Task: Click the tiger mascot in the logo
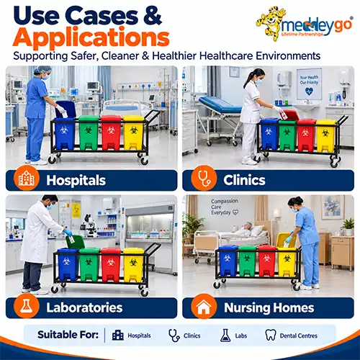click(x=270, y=23)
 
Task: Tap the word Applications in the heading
click(x=91, y=37)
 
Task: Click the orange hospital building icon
click(x=27, y=179)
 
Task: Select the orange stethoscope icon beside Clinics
click(x=204, y=179)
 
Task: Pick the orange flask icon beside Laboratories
click(x=27, y=307)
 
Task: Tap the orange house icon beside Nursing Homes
click(x=204, y=307)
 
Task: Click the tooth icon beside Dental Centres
click(x=271, y=335)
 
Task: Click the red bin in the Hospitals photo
click(x=111, y=132)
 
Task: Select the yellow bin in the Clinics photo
click(x=325, y=135)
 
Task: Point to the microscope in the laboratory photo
click(x=89, y=225)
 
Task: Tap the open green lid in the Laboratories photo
click(x=75, y=242)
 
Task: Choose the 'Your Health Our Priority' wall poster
click(x=309, y=84)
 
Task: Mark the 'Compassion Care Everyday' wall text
click(x=225, y=207)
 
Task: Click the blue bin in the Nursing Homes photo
click(x=228, y=261)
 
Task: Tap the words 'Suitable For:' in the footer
click(x=68, y=335)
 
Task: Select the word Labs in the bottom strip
click(x=241, y=336)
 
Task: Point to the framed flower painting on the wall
click(x=333, y=207)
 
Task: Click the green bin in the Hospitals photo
click(x=89, y=133)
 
